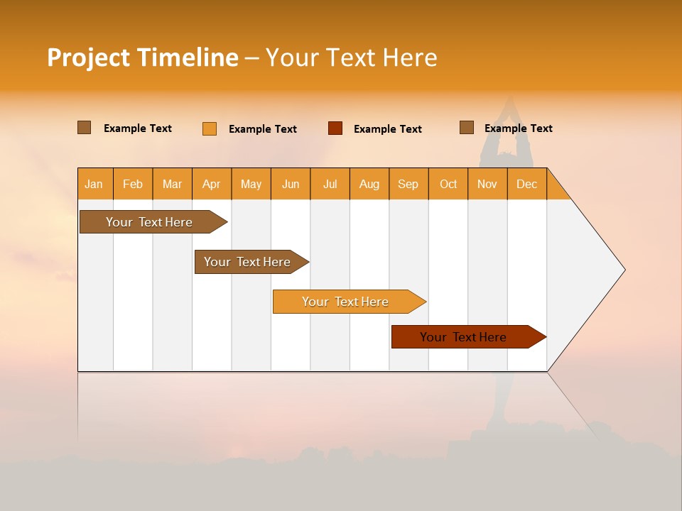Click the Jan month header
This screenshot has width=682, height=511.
click(x=94, y=184)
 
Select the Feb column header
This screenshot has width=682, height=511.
click(x=133, y=184)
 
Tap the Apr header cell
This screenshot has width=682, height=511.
click(x=212, y=184)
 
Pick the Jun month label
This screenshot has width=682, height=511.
click(x=291, y=184)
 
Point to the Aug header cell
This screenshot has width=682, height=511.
click(x=369, y=184)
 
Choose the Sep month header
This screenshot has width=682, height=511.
click(x=408, y=184)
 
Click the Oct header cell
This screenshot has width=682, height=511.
click(x=448, y=184)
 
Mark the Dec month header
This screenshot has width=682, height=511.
click(x=527, y=184)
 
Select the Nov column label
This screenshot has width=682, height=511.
click(x=487, y=184)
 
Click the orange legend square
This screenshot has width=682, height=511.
click(x=210, y=128)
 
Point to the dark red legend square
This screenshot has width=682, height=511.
click(x=335, y=128)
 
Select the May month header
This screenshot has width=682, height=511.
click(x=251, y=184)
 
